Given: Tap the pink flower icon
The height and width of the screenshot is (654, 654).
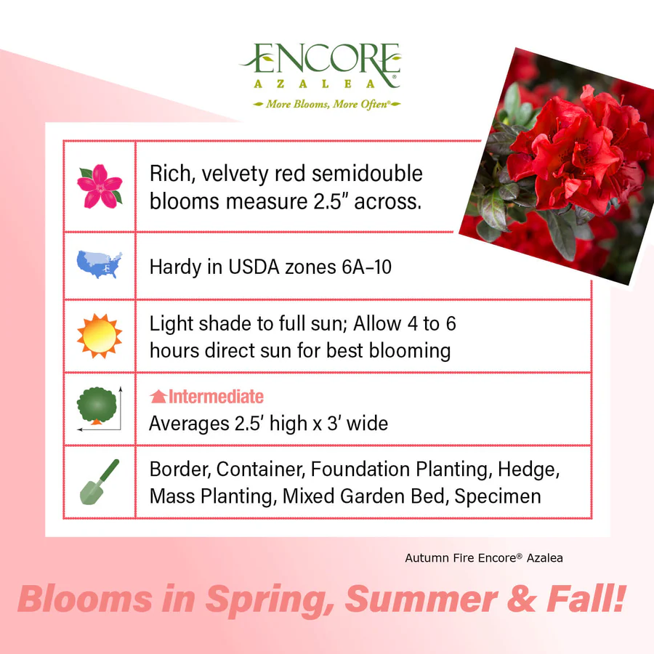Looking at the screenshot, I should point(100,186).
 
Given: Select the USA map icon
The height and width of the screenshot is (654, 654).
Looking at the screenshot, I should point(100,265).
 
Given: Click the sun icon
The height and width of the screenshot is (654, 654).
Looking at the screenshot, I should point(100,336).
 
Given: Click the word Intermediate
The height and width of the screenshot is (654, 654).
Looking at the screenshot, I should point(216,397).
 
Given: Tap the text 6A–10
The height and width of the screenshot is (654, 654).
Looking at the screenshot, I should point(366,267).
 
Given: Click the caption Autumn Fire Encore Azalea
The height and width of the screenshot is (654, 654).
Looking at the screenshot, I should point(484,558).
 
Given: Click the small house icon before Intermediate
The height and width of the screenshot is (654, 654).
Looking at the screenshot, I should point(158,397).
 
